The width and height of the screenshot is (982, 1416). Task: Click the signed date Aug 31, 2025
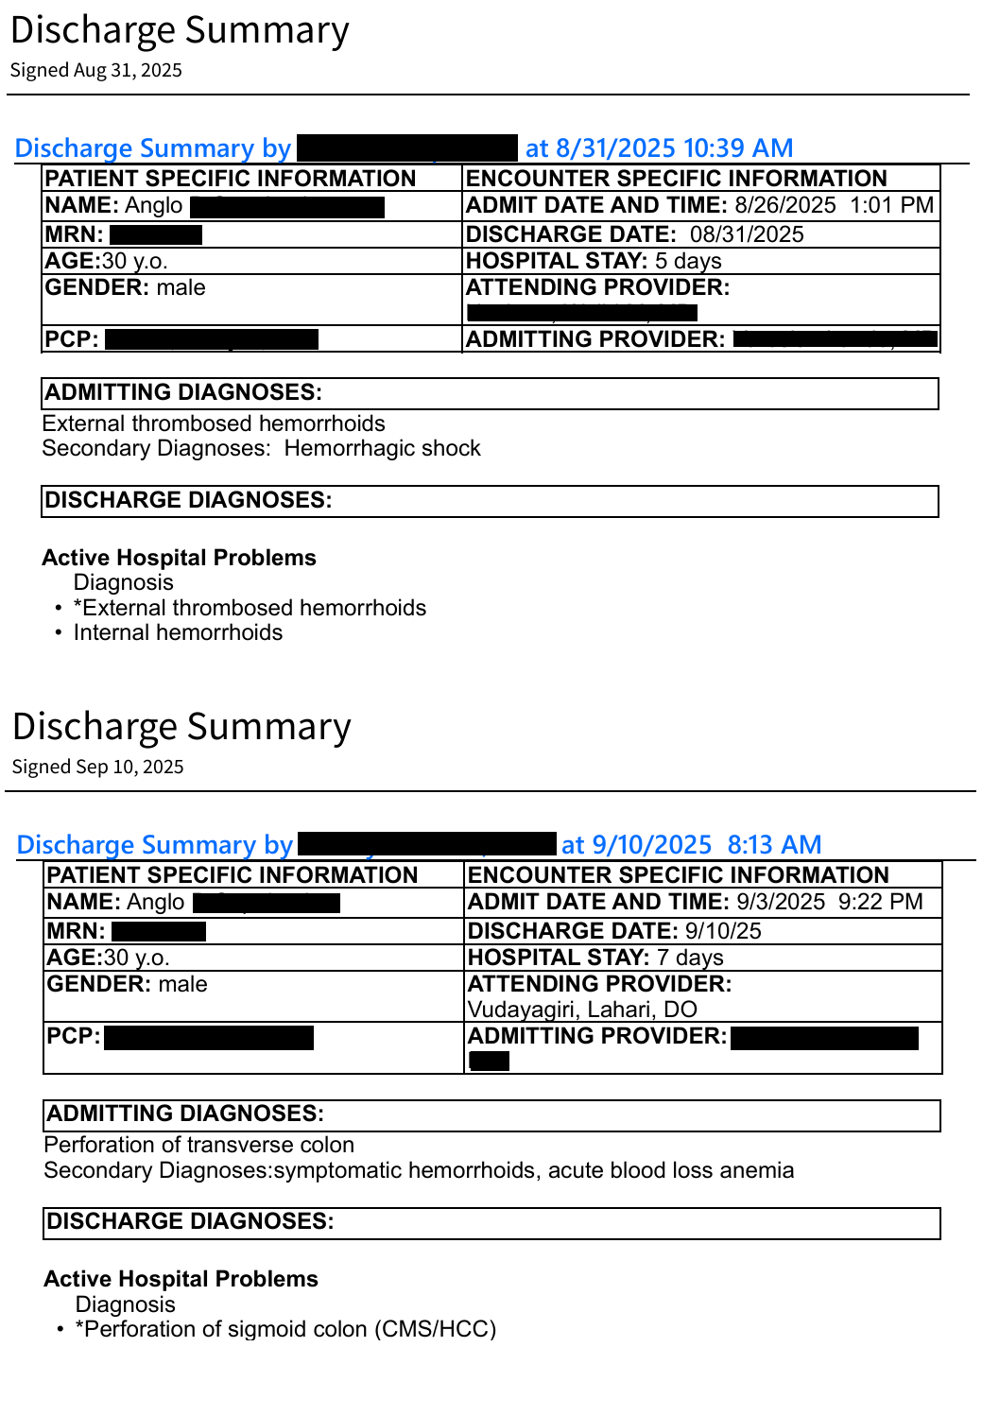128,71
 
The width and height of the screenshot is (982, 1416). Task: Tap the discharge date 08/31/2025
747,234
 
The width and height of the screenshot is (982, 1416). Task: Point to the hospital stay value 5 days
688,261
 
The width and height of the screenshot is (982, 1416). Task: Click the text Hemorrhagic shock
382,449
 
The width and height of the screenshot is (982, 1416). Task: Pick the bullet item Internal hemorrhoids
178,633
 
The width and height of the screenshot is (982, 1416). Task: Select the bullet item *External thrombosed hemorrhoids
250,608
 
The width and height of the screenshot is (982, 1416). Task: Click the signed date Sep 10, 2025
129,768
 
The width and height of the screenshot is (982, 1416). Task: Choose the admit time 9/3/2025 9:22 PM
829,903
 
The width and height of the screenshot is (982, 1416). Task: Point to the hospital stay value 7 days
690,958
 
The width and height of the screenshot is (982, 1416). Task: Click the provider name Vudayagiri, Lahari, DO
582,1010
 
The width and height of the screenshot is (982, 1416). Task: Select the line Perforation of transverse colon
198,1146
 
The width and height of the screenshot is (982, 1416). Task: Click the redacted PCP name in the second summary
208,1038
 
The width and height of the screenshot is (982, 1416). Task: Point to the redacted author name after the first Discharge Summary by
407,148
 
